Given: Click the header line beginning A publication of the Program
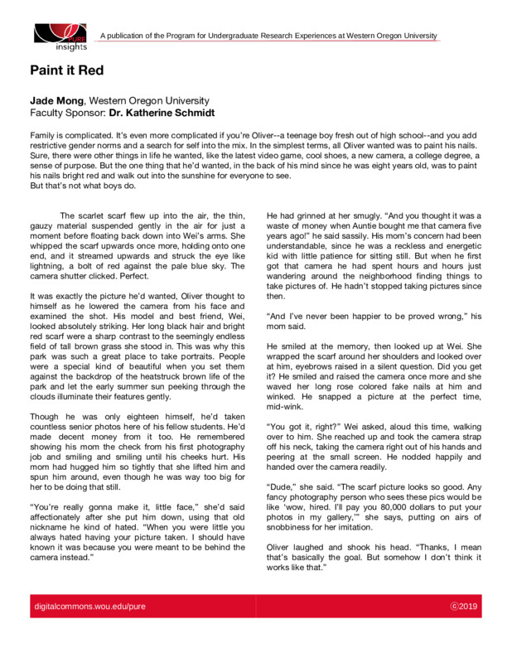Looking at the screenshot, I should coord(268,36).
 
